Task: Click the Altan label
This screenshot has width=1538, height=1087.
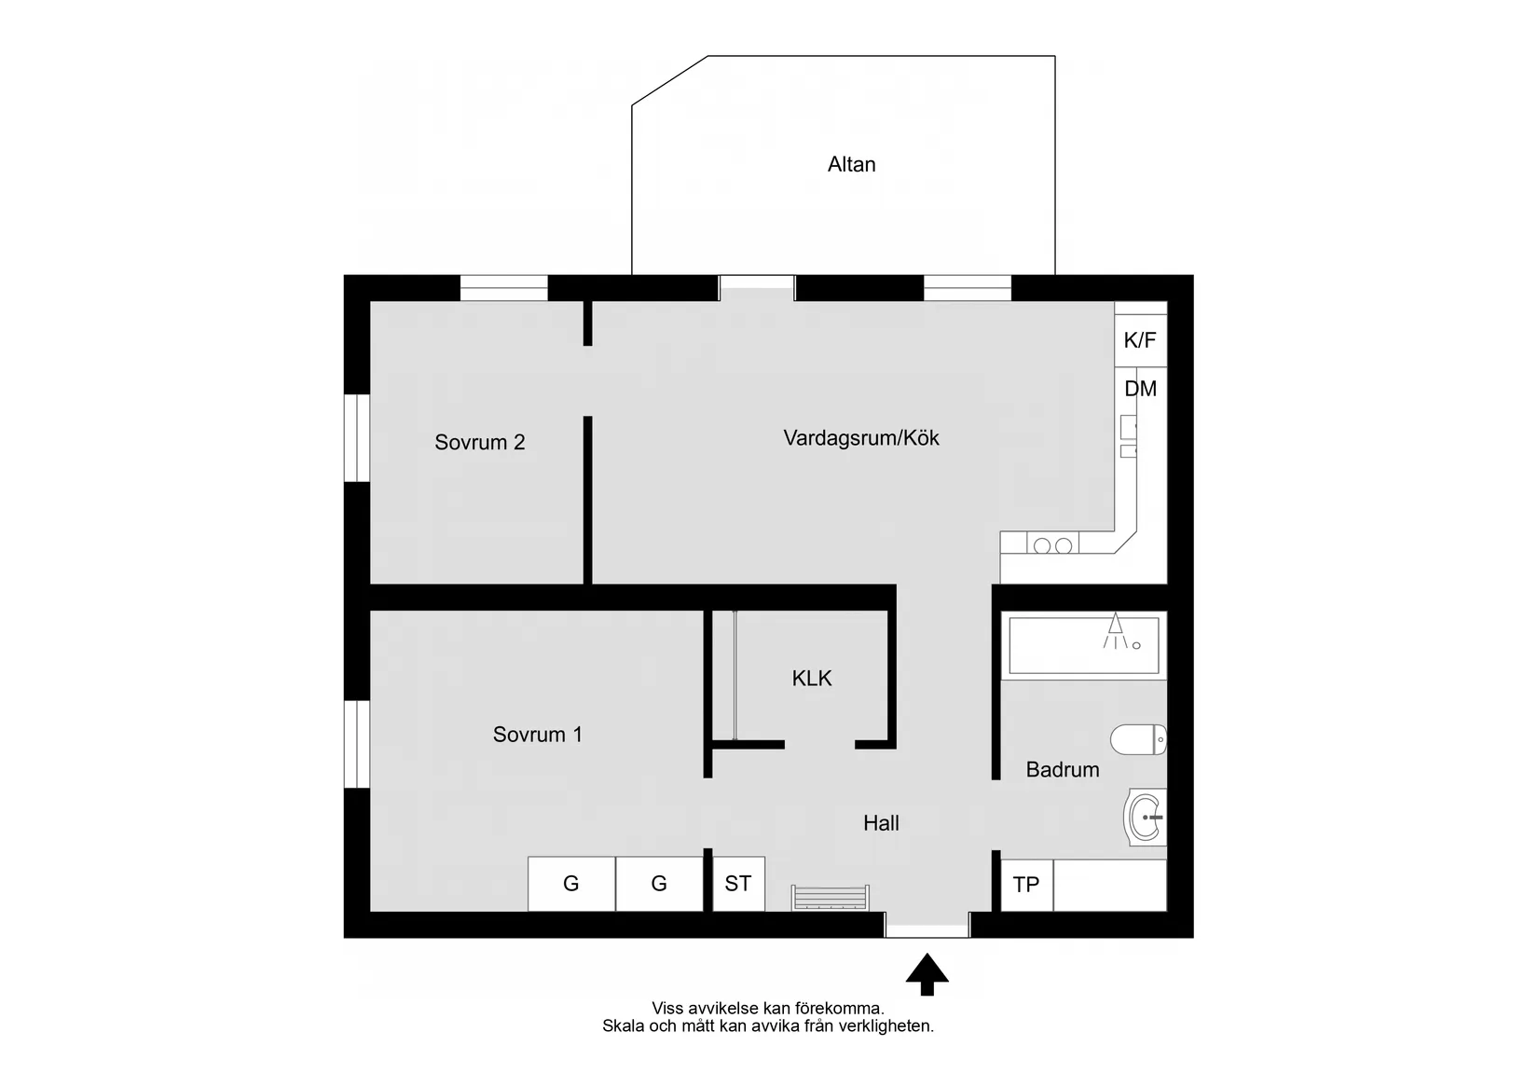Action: [x=851, y=165]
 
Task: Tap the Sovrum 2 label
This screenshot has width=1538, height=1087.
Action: [x=479, y=443]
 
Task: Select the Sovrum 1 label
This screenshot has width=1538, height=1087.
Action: [x=537, y=735]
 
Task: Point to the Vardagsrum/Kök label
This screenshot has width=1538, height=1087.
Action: [x=860, y=438]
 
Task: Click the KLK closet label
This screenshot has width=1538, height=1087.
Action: [x=811, y=679]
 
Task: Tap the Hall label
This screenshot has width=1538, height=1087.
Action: [x=881, y=823]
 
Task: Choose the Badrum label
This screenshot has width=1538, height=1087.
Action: [x=1062, y=770]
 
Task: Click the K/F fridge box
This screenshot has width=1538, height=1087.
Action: [x=1140, y=340]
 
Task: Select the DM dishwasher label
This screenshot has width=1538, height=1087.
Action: [x=1140, y=389]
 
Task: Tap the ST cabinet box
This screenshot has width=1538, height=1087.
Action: [x=738, y=884]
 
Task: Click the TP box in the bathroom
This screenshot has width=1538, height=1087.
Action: [x=1026, y=885]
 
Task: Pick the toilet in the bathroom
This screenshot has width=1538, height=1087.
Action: [x=1138, y=739]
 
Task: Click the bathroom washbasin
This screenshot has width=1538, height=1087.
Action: [x=1147, y=817]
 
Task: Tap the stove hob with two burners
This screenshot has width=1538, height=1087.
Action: [x=1052, y=545]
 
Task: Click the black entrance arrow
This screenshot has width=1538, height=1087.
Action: [x=927, y=973]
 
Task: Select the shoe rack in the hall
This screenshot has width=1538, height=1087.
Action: [x=830, y=897]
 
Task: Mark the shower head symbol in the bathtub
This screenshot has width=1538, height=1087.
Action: [x=1116, y=626]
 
